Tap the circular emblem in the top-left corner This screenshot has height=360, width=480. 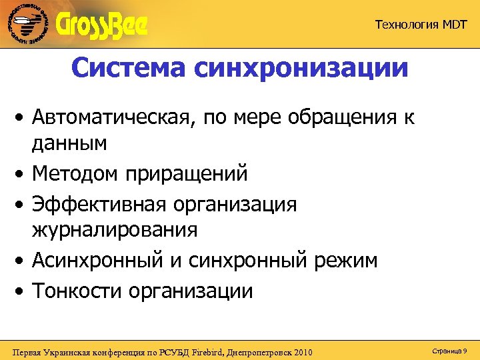(28, 25)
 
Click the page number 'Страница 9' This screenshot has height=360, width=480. (449, 350)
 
